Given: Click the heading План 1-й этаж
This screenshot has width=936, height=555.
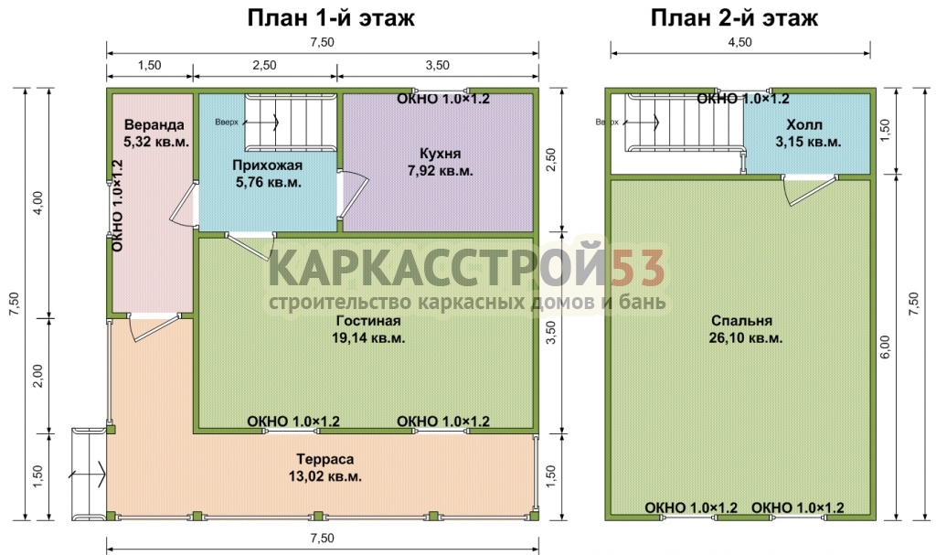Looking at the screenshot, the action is [331, 18].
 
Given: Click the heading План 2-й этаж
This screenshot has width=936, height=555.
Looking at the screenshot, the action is [734, 18].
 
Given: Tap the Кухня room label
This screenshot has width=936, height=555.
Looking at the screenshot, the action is [440, 154].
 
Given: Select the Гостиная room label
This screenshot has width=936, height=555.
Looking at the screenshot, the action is [368, 321].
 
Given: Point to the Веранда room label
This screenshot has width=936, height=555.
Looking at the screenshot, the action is [154, 125].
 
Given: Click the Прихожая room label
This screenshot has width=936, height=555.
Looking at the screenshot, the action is [268, 165].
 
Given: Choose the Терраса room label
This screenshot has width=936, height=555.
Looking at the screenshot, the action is [325, 459].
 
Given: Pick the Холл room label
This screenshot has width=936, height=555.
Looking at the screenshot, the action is [804, 125].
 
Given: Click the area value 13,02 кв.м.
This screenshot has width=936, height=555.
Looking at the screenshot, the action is [325, 476].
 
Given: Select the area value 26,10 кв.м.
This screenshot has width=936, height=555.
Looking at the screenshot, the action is [746, 337].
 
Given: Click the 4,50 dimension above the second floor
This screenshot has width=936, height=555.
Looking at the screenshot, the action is [739, 42].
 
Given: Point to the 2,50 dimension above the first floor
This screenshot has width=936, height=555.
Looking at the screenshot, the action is [264, 65].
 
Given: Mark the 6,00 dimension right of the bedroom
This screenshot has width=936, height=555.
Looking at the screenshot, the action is [885, 347].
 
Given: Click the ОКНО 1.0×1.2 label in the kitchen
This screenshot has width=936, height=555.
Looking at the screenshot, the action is [443, 99].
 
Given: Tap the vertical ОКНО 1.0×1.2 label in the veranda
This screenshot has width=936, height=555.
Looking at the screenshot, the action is [118, 206].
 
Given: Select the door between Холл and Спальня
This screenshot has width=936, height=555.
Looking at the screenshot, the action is [811, 188].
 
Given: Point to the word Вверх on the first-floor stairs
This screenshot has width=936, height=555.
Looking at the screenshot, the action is [227, 122].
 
